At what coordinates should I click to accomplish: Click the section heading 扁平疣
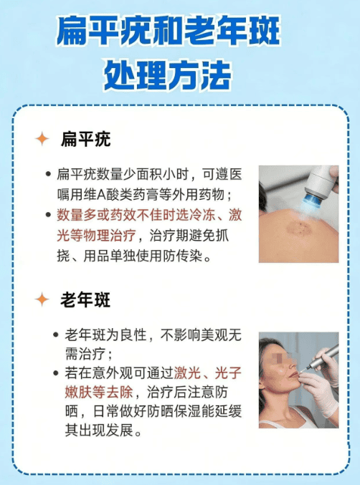[x=85, y=139]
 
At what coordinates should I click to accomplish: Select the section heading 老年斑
[x=85, y=299]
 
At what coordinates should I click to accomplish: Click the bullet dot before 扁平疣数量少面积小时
[x=48, y=175]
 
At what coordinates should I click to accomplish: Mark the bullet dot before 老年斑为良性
[x=57, y=335]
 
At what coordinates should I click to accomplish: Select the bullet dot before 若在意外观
[x=57, y=374]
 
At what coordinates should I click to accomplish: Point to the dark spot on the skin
[x=295, y=229]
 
